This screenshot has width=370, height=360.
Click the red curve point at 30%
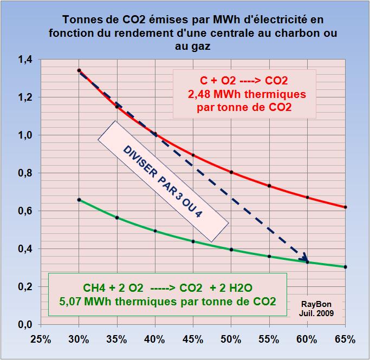[79, 70]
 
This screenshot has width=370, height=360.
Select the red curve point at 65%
[345, 207]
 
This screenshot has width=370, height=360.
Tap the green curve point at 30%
[79, 200]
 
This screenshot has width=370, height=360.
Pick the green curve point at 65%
[345, 267]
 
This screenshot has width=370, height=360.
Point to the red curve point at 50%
[231, 172]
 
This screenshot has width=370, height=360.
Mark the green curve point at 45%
[193, 241]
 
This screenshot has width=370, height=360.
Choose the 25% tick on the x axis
[41, 340]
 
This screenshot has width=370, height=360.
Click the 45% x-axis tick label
[193, 340]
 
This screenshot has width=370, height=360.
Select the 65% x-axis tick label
[345, 340]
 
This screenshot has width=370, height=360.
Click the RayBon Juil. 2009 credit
[319, 308]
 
